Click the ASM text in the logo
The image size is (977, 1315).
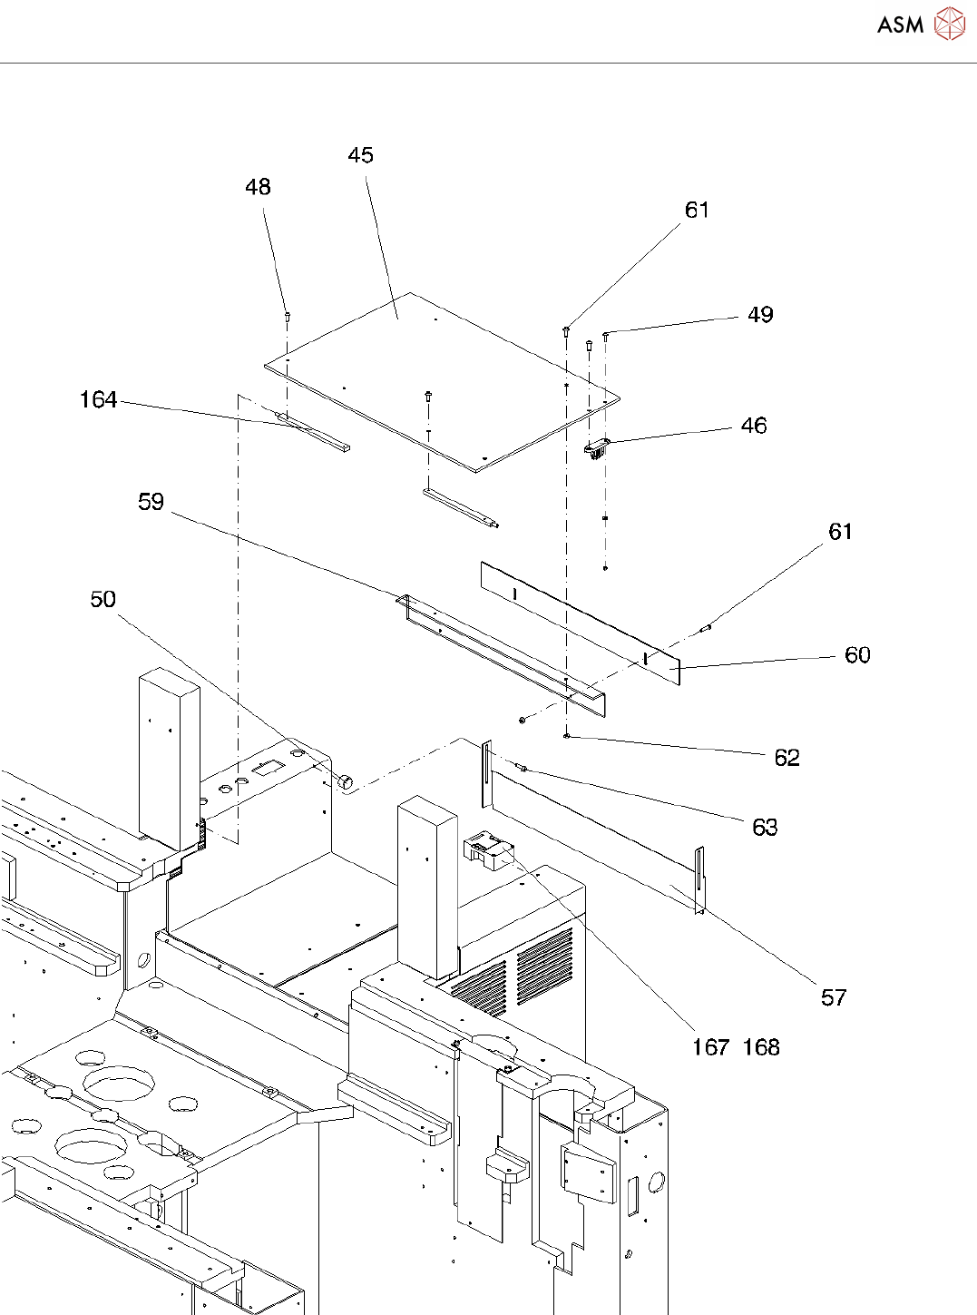point(900,25)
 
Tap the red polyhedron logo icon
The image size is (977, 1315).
point(950,24)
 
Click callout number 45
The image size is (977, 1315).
point(360,155)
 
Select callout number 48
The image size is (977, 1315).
point(258,187)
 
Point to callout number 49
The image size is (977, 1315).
point(760,314)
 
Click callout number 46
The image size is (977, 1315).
point(754,425)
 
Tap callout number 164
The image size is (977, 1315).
point(98,399)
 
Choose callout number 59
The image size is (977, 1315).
point(151,502)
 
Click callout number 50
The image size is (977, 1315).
point(103,599)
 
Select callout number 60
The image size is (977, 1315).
point(857,654)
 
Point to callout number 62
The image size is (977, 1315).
point(787,757)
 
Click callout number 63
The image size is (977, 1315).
point(765,827)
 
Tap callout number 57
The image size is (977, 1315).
point(834,997)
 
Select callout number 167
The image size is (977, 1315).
point(711,1047)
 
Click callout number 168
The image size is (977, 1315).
point(761,1047)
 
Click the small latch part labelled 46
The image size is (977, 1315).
point(597,448)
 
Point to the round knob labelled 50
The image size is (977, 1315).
point(345,780)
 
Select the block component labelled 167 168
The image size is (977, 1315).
point(488,849)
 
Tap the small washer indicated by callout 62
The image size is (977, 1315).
point(567,736)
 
